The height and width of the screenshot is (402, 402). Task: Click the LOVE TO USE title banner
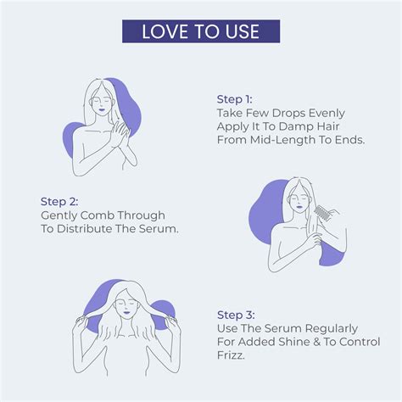201,32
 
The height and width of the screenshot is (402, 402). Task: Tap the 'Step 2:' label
59,202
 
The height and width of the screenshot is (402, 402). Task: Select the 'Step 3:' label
236,313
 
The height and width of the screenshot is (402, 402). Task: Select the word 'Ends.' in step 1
346,140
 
